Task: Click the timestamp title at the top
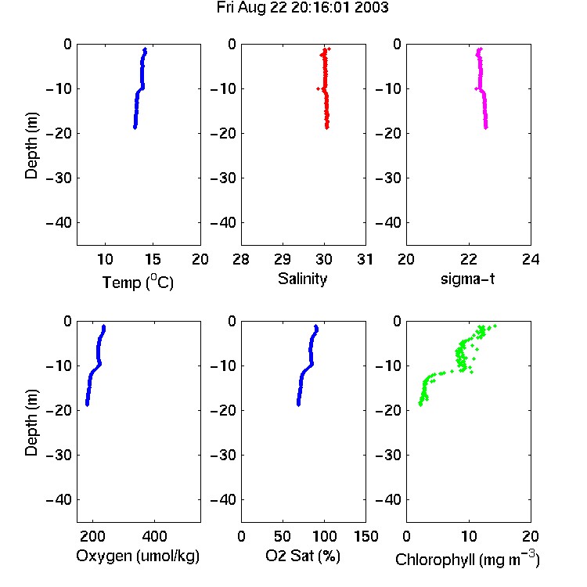point(302,8)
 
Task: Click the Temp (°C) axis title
point(138,282)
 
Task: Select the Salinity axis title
point(302,279)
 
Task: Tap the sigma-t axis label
point(467,279)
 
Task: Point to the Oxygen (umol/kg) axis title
point(138,556)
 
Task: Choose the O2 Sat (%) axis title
point(302,556)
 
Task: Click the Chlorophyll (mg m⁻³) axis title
point(467,559)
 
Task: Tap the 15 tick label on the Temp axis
point(153,259)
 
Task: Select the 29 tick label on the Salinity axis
point(283,259)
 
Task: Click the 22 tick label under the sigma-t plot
point(468,259)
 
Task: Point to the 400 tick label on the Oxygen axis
point(154,536)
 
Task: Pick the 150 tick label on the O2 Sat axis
point(366,536)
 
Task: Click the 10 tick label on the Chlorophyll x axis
point(468,536)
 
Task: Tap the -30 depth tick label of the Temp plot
point(59,178)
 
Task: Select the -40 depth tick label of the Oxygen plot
point(59,499)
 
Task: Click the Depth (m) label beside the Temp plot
point(31,146)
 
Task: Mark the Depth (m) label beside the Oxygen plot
point(31,423)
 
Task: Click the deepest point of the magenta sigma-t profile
point(486,128)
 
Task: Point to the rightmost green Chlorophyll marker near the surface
point(495,326)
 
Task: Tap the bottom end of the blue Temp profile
point(135,128)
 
